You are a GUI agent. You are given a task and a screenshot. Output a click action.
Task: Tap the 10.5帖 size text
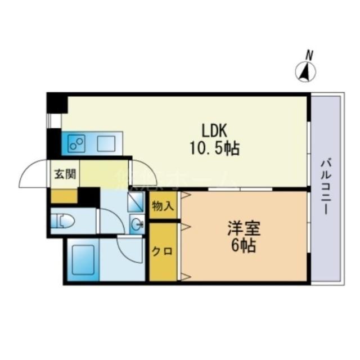point(214,148)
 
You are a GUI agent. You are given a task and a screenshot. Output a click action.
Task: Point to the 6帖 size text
point(243,246)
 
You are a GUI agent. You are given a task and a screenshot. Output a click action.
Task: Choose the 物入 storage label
point(162,206)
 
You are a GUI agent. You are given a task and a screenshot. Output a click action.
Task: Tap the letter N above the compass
point(309,55)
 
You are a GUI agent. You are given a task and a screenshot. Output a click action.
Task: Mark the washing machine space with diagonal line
point(135,201)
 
